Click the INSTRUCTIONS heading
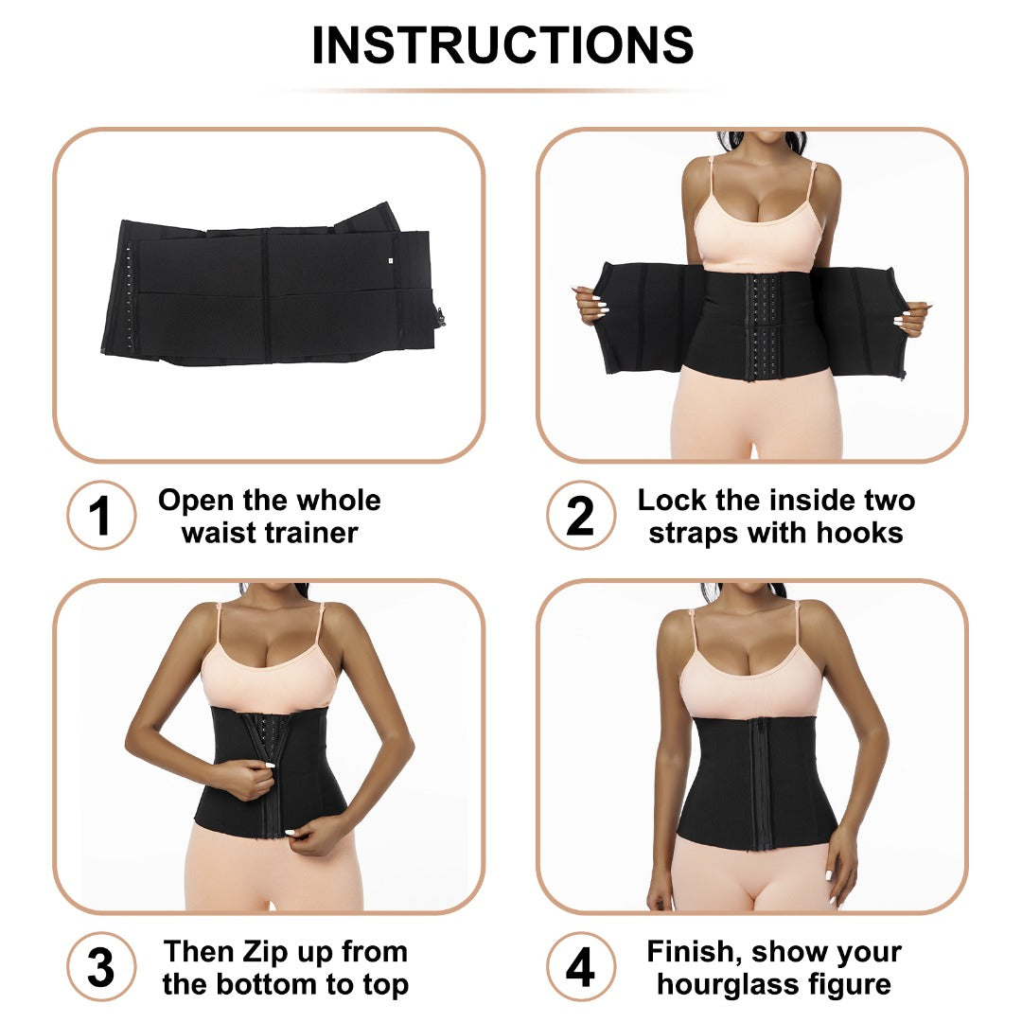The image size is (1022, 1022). pyautogui.click(x=502, y=44)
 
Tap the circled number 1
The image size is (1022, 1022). pyautogui.click(x=100, y=516)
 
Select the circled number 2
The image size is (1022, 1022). pyautogui.click(x=580, y=516)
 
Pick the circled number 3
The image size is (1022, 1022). pyautogui.click(x=100, y=967)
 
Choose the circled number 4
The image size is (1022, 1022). pyautogui.click(x=580, y=967)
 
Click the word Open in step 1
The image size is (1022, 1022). pyautogui.click(x=194, y=500)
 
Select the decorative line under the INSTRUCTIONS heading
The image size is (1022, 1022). pyautogui.click(x=502, y=91)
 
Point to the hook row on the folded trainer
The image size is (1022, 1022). pyautogui.click(x=127, y=289)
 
